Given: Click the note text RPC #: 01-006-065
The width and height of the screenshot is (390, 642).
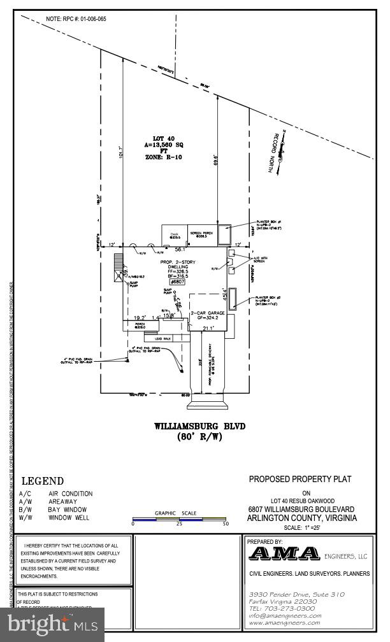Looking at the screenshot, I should (x=76, y=19).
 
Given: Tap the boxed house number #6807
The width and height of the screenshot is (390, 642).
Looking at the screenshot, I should (x=177, y=281).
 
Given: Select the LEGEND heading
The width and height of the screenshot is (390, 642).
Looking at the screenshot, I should (x=43, y=481).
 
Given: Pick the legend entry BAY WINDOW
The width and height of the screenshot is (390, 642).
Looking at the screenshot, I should (x=67, y=510).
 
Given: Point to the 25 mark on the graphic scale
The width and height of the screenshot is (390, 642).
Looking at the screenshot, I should (x=179, y=524).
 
